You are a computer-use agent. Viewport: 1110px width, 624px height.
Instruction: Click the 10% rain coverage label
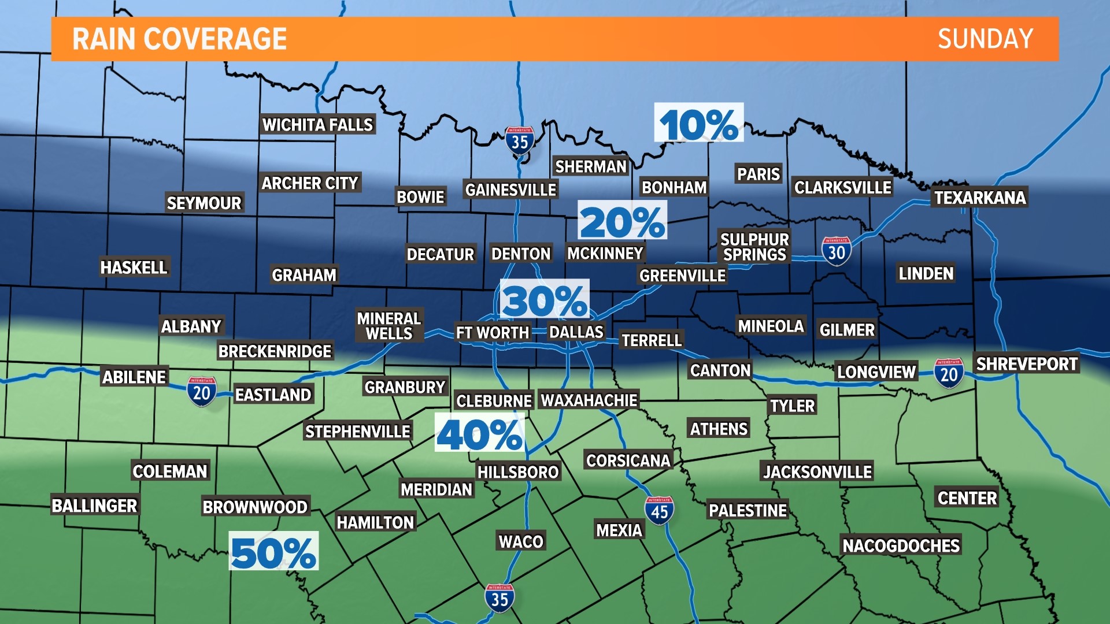pos(698,123)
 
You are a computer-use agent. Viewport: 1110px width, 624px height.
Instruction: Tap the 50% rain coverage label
pos(273,551)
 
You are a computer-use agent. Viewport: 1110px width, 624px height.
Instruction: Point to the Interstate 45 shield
pos(659,511)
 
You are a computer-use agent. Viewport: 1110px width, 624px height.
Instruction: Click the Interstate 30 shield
pos(836,251)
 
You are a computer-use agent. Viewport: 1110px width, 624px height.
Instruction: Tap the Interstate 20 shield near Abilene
pos(201,392)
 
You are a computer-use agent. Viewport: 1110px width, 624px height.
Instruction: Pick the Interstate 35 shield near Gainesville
pos(519,141)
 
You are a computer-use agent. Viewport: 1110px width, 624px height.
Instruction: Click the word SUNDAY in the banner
pos(985,39)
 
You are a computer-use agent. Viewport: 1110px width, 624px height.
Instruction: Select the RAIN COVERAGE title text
pos(179,39)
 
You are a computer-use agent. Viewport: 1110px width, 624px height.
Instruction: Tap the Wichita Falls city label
pos(317,124)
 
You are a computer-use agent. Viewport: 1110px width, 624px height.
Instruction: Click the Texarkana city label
pos(980,198)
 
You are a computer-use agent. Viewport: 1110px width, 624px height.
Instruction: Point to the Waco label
pos(521,541)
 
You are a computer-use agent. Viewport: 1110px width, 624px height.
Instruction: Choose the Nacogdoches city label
pos(901,545)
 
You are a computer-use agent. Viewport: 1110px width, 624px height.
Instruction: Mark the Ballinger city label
pos(94,506)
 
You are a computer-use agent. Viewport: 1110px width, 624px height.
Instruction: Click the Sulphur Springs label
pos(754,247)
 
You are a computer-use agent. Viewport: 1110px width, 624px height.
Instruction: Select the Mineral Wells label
pos(389,326)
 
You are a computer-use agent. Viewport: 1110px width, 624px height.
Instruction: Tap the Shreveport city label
pos(1026,363)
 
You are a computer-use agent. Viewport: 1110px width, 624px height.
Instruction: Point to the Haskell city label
pos(134,267)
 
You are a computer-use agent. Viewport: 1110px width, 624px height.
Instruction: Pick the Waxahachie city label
pos(589,400)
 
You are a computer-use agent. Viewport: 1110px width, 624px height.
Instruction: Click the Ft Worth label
pos(492,332)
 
